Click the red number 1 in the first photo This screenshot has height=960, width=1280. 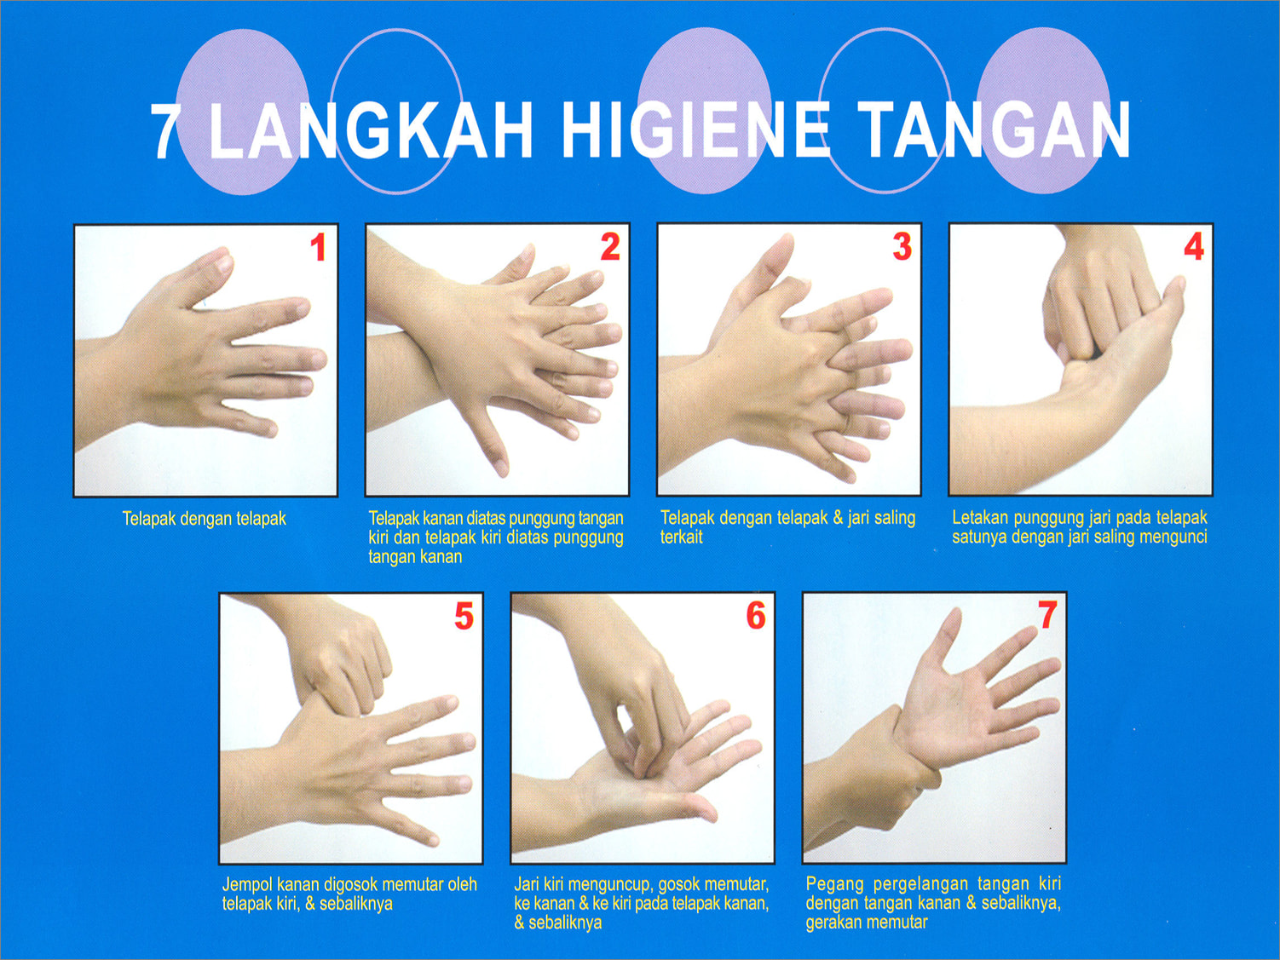(x=319, y=247)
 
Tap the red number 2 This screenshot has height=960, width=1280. (x=610, y=247)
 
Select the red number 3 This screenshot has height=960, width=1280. (x=902, y=246)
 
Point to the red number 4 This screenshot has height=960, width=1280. (x=1194, y=246)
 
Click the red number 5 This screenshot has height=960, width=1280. (x=464, y=616)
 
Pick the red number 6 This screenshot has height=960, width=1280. (x=756, y=616)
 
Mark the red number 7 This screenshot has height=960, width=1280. (x=1047, y=615)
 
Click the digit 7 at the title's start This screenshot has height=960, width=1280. (x=165, y=132)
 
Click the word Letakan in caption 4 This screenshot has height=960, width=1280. (x=981, y=518)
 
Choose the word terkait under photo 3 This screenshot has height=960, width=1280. (x=681, y=537)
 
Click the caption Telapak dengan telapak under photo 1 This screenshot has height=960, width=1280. (x=204, y=519)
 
